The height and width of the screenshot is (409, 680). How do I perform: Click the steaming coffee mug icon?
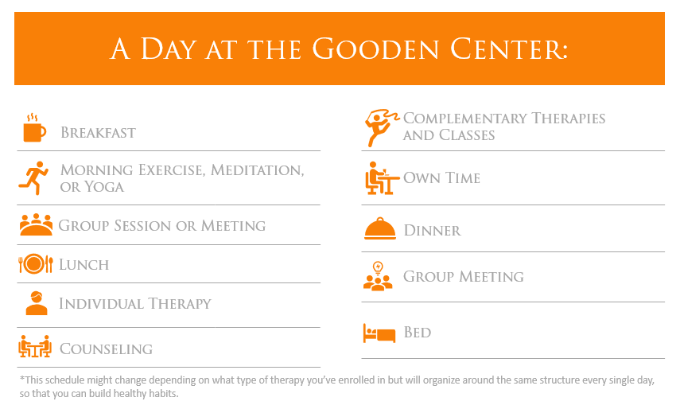click(34, 128)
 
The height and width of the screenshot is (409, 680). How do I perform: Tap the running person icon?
click(34, 177)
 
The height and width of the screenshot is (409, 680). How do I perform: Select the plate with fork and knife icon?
click(36, 263)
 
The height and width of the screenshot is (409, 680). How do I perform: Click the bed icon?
click(379, 333)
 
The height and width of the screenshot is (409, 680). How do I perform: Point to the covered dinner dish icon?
click(380, 228)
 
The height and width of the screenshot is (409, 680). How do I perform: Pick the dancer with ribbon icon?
click(381, 127)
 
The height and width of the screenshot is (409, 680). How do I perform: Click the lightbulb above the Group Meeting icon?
click(378, 267)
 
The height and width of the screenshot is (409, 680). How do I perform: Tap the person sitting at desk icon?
click(381, 177)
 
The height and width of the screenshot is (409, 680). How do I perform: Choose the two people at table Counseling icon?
click(35, 346)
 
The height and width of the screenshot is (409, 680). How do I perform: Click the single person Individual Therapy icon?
click(37, 302)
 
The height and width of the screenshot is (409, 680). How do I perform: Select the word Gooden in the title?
click(375, 49)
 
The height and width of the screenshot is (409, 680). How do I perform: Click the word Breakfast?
click(98, 133)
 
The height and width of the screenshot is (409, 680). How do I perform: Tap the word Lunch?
click(84, 264)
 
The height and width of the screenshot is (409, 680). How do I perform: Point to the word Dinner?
click(433, 230)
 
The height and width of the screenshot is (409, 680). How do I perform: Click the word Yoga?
click(104, 187)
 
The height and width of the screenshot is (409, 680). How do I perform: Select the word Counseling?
click(107, 349)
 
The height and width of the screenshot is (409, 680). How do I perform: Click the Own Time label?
click(442, 177)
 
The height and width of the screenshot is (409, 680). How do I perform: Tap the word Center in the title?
click(509, 49)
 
